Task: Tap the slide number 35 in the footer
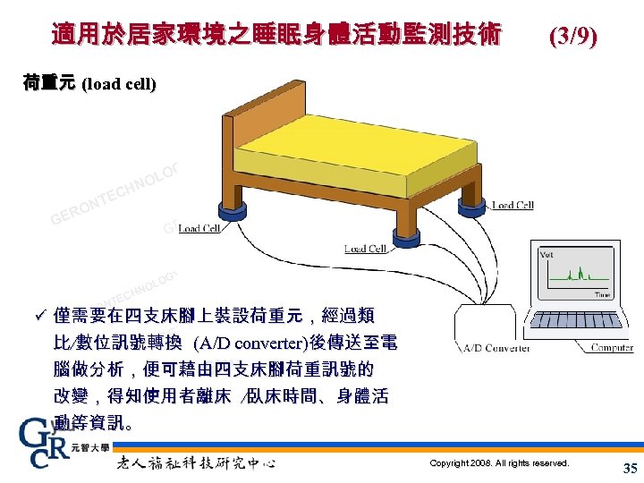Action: pos(628,468)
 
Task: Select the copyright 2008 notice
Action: pos(498,463)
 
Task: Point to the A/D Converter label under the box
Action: pos(496,348)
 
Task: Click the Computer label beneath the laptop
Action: pos(612,348)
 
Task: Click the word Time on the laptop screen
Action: pos(602,294)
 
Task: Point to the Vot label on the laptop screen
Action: pos(547,255)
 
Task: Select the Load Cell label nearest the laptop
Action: pos(513,206)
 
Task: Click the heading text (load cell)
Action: pos(119,86)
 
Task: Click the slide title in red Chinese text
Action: pos(276,36)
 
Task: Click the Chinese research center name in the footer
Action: pos(196,462)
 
